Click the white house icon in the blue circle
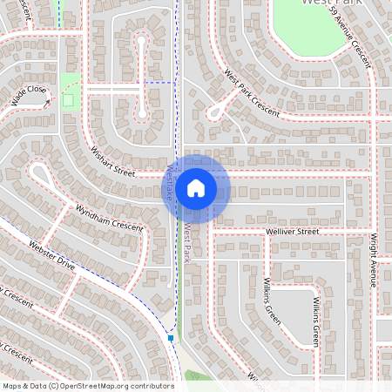click(196, 188)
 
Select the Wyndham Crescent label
click(109, 218)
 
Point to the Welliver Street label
click(293, 233)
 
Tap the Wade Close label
click(29, 94)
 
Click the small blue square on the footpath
click(171, 337)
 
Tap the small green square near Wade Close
click(68, 99)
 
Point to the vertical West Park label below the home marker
click(186, 243)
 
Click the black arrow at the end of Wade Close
click(45, 104)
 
